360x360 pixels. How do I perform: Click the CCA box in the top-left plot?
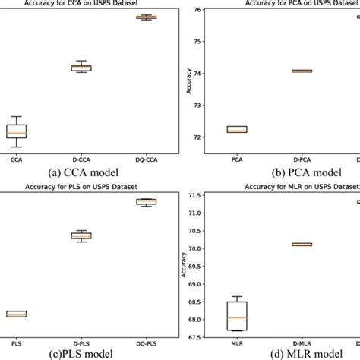point(16,131)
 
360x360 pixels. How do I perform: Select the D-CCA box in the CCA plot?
point(81,68)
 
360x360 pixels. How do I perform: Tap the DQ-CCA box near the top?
point(145,17)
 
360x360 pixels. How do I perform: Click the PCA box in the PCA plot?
point(237,129)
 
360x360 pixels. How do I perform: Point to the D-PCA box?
point(302,71)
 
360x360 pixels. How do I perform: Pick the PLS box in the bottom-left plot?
point(16,314)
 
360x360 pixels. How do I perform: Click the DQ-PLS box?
point(145,201)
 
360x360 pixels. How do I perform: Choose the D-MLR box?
point(302,244)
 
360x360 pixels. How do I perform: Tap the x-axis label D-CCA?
point(81,160)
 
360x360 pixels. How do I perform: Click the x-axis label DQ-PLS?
point(145,343)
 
